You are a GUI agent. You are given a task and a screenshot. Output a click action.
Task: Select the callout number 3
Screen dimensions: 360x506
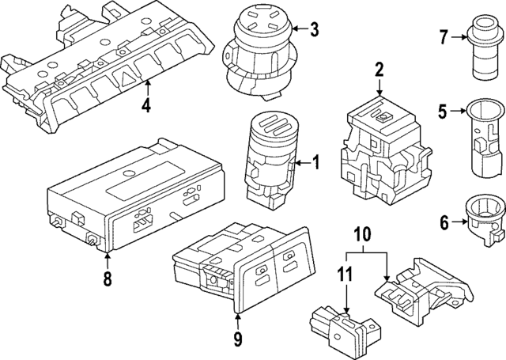point(314,31)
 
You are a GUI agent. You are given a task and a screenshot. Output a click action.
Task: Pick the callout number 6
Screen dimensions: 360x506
point(444,223)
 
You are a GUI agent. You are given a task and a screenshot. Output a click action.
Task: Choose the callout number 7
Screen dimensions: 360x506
point(444,36)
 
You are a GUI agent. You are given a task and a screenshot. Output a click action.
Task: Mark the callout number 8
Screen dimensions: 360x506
point(108,279)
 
